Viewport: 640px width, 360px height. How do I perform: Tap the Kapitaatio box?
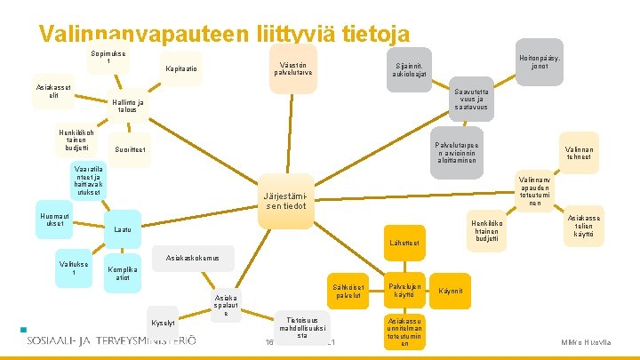[182, 69]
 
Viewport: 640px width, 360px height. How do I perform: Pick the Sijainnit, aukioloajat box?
[411, 69]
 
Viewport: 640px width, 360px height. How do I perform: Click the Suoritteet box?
[131, 148]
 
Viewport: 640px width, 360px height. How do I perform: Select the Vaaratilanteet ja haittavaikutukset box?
[88, 180]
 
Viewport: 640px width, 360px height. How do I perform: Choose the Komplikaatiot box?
[123, 274]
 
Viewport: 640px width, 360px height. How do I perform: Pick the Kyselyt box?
[163, 322]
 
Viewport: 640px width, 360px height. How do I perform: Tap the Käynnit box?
[452, 291]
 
